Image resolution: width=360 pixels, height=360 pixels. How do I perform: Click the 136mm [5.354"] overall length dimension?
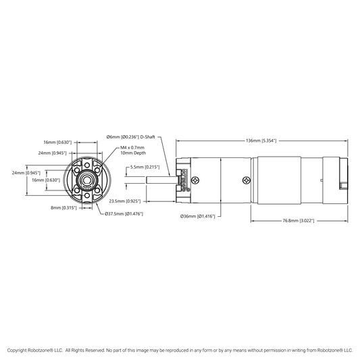pyautogui.click(x=261, y=140)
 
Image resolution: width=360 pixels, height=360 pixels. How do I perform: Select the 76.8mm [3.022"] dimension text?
pyautogui.click(x=299, y=221)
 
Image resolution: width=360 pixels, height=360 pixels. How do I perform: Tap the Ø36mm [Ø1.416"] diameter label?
pyautogui.click(x=198, y=216)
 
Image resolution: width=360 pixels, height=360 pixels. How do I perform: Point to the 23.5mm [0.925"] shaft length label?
pyautogui.click(x=125, y=201)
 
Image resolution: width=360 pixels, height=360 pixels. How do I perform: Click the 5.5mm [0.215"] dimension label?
pyautogui.click(x=145, y=167)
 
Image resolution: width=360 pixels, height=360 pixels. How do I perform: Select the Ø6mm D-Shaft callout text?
pyautogui.click(x=130, y=137)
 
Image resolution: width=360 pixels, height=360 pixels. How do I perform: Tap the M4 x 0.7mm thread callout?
pyautogui.click(x=132, y=148)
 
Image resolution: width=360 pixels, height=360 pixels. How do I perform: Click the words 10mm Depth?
pyautogui.click(x=133, y=153)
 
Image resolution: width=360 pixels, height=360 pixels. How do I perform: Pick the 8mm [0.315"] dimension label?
pyautogui.click(x=63, y=208)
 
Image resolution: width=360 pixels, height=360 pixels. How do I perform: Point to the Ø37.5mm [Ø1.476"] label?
pyautogui.click(x=124, y=214)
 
